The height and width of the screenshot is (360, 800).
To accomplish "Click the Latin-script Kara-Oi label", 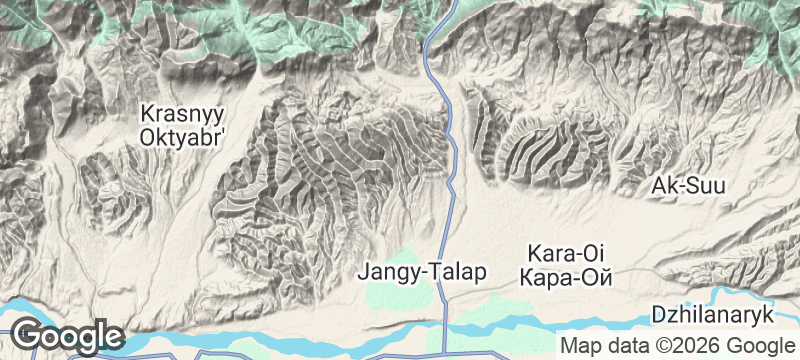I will click(x=566, y=252).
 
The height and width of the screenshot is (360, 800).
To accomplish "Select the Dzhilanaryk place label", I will click(x=714, y=315).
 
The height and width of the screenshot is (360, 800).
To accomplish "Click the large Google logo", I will click(x=68, y=336).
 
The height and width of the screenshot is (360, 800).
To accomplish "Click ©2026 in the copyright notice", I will click(x=687, y=345).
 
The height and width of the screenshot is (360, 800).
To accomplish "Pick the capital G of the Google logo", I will click(x=28, y=335).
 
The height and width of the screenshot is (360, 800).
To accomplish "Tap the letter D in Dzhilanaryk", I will click(x=658, y=315).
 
